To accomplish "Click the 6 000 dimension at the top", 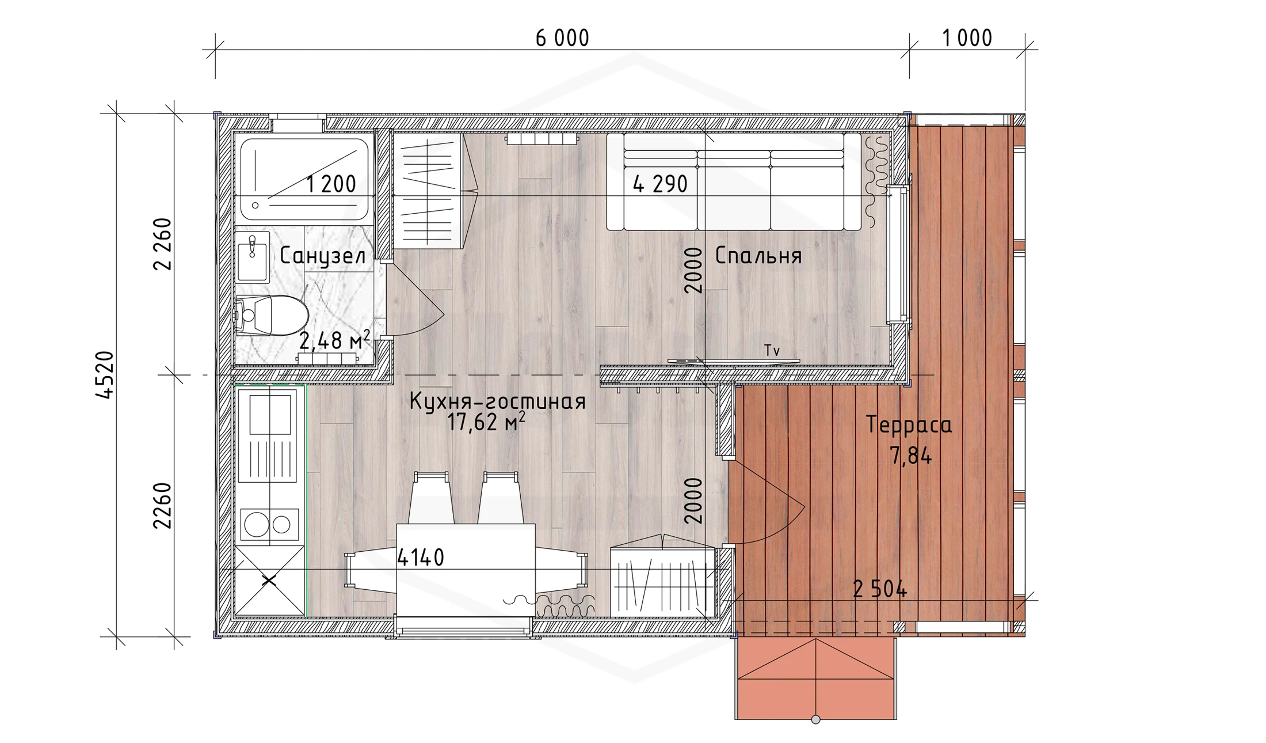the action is tap(562, 39).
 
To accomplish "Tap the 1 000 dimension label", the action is tap(967, 39).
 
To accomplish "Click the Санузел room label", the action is tap(323, 256).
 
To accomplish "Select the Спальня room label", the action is tap(758, 256).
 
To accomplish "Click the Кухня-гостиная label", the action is tap(497, 401).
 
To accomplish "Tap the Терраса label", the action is tap(909, 425).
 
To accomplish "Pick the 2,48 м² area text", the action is tap(334, 340).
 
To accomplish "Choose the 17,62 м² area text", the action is tap(486, 422).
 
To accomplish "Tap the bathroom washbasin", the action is tap(252, 256).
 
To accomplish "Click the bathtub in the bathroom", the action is tap(304, 179).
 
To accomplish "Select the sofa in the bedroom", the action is tap(734, 181).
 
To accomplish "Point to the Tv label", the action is tap(772, 350).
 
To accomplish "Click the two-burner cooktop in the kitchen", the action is tap(269, 524).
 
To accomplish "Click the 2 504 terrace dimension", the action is tap(880, 590).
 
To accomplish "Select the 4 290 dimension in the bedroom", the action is tap(660, 184).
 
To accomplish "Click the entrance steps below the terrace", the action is tap(815, 678).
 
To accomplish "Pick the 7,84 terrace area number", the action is tap(911, 456).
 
